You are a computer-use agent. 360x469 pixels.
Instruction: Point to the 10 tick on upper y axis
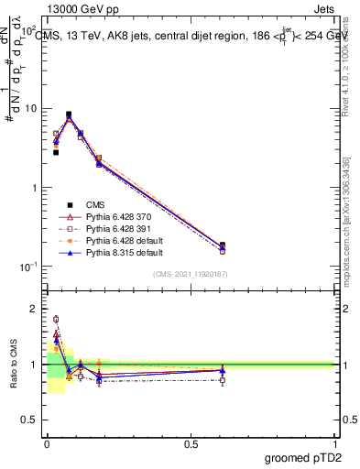(31, 108)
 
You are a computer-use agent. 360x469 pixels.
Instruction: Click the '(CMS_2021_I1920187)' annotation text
(191, 274)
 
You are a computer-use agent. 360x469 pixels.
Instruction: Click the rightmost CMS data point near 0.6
(223, 245)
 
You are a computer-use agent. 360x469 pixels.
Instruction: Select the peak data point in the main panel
(69, 115)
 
